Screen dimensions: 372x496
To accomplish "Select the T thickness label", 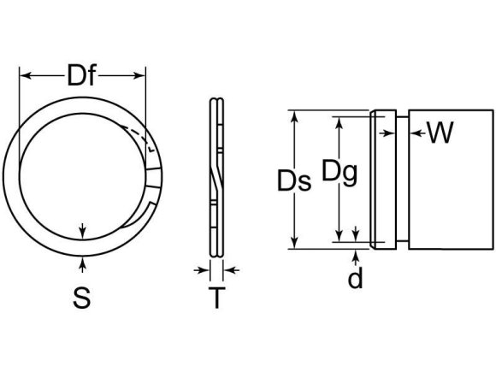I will tap(217, 299).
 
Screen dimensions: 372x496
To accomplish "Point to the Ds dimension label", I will tap(293, 181).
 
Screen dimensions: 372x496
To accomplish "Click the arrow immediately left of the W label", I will tap(414, 132).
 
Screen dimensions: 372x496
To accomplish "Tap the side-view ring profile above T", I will tap(216, 180).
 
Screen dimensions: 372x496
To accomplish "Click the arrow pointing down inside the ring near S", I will tap(81, 230).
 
